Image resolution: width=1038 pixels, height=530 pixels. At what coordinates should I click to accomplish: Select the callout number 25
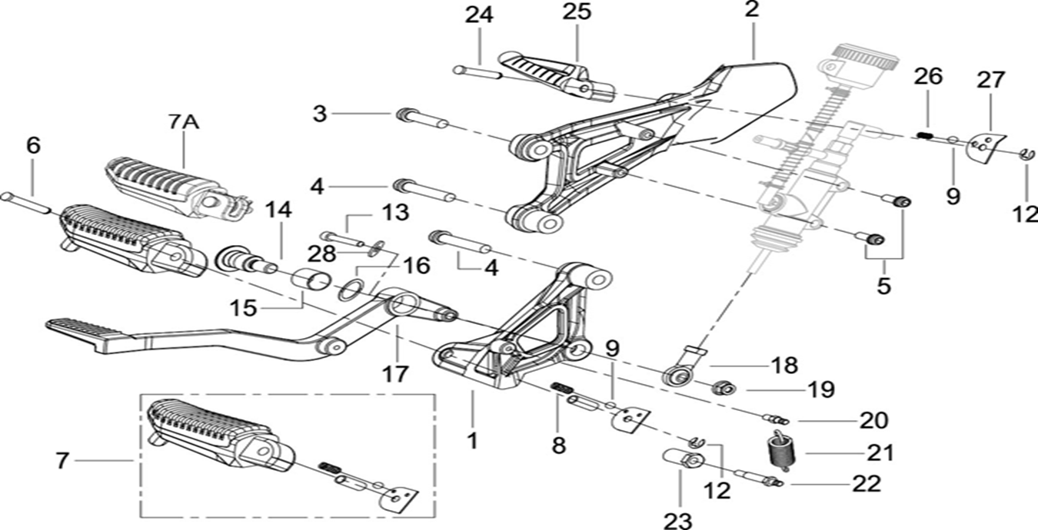(577, 13)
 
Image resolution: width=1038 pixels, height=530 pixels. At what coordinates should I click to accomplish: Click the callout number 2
(751, 10)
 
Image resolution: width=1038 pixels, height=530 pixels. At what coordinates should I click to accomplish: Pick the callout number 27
(990, 79)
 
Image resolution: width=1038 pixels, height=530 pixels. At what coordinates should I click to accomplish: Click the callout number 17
(397, 374)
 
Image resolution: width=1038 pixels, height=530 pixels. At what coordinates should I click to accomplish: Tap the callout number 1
(472, 441)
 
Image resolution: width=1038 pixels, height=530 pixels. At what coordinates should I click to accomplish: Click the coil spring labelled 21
(781, 451)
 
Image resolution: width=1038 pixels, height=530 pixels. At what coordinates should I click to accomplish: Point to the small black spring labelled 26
(927, 136)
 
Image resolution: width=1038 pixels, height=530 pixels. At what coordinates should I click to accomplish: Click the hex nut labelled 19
(722, 387)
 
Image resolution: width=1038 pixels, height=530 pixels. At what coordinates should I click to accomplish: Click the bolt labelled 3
(422, 120)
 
